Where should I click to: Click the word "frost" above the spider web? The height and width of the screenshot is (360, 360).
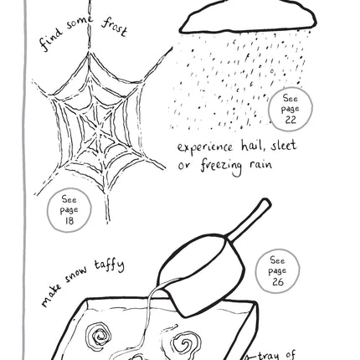115,28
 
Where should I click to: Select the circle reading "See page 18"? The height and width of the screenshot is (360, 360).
69,210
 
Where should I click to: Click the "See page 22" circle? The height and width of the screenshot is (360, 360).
291,109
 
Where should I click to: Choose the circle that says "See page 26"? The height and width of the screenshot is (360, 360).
277,271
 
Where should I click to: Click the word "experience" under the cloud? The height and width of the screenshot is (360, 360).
205,147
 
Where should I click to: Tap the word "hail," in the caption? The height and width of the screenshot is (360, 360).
253,146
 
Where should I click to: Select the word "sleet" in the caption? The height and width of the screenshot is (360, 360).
283,146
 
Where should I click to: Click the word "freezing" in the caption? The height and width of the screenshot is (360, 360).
221,167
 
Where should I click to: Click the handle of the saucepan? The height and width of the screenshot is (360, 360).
249,220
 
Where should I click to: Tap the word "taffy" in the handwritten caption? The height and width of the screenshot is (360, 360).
109,265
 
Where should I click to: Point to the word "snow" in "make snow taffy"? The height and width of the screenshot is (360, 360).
75,275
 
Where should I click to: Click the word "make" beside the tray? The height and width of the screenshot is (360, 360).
52,296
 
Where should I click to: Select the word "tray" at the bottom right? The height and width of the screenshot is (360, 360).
269,357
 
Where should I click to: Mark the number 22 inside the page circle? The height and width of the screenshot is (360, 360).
291,120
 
